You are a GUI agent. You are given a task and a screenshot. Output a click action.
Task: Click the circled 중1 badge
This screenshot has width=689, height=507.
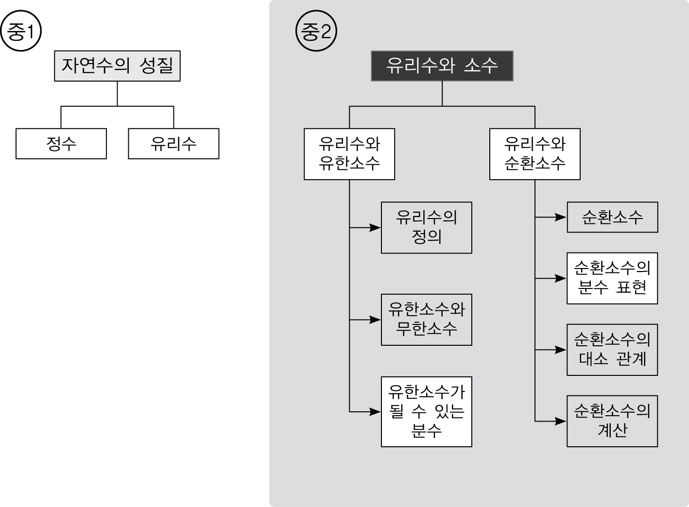[x=21, y=31]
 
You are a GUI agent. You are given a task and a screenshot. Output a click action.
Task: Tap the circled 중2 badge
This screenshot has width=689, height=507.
[x=316, y=31]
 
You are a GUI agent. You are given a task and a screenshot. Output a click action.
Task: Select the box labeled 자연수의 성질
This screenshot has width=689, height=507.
[x=117, y=66]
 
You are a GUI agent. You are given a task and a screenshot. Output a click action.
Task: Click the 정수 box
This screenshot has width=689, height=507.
[x=61, y=144]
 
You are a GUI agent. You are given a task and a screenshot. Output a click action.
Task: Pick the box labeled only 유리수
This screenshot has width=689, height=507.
[x=173, y=144]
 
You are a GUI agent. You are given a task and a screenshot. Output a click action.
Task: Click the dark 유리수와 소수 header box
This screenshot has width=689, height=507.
[x=442, y=66]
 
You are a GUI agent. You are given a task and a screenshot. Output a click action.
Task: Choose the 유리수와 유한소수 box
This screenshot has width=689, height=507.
[x=349, y=154]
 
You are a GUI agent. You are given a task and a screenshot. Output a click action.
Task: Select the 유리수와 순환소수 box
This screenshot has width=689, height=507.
[x=535, y=154]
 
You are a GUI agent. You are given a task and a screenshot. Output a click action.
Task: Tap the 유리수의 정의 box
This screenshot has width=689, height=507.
[x=427, y=228]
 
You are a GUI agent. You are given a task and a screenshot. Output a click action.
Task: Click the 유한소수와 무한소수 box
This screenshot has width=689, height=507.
[x=427, y=320]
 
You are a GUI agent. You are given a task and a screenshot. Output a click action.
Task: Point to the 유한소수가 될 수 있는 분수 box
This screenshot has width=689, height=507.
[x=427, y=412]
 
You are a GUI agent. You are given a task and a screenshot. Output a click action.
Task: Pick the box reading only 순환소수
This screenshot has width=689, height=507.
[x=612, y=217]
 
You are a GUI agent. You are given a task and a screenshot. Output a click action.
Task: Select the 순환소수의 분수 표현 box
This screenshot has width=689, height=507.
[x=612, y=278]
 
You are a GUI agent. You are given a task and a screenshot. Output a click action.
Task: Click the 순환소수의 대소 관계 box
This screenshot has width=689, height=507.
[x=612, y=350]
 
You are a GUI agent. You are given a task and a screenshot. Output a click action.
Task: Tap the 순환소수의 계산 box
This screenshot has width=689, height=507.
[x=612, y=421]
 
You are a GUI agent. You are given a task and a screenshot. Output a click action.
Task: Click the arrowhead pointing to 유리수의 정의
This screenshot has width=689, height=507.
[x=375, y=228]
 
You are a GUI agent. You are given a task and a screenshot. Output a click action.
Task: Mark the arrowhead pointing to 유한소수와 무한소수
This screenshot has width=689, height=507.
[x=375, y=320]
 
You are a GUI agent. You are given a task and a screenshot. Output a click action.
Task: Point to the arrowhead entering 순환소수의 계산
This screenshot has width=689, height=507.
[x=561, y=421]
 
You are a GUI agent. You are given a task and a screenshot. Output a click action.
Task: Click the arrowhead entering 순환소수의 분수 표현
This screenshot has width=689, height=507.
[x=561, y=278]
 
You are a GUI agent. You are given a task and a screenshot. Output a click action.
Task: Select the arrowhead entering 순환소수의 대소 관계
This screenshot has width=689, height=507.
[x=561, y=350]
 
